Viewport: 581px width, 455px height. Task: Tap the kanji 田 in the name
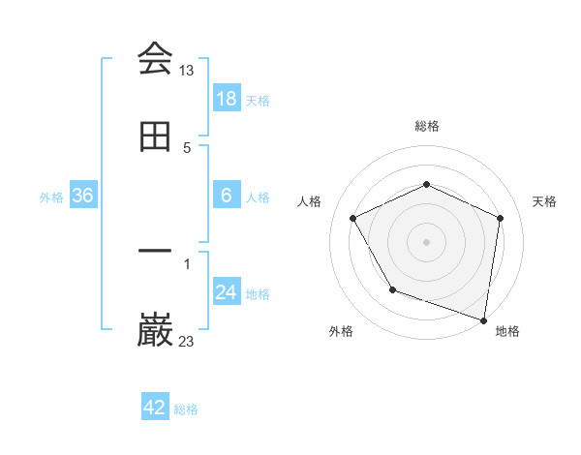coord(155,136)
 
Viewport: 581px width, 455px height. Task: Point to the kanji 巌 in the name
coord(155,330)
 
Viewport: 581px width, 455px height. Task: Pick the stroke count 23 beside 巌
coord(187,341)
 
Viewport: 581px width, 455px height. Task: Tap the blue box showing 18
coord(227,99)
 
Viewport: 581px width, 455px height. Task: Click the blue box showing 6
coord(227,196)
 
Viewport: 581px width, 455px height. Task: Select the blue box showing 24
coord(227,292)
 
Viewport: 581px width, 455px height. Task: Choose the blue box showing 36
coord(83,196)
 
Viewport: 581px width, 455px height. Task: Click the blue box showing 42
coord(155,408)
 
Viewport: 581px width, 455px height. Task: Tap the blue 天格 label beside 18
coord(258,101)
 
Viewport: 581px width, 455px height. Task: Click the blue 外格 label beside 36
coord(51,197)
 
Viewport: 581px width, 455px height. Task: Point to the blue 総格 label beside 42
coord(186,409)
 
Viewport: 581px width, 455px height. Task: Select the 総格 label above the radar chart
coord(427,126)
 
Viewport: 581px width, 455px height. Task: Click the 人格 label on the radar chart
coord(310,201)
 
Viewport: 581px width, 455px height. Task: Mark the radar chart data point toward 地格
coord(484,319)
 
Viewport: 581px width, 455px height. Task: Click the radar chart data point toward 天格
coord(500,218)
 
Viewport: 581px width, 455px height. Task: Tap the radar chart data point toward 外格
coord(392,289)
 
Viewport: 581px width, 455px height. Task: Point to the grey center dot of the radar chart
coord(427,241)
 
